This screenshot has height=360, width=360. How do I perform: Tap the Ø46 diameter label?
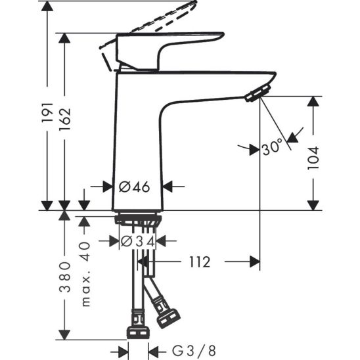pos(135,187)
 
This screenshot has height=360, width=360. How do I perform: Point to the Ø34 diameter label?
pos(138,242)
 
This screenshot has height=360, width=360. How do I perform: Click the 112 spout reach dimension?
pos(198,263)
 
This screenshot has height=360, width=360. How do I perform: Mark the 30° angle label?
pos(272,148)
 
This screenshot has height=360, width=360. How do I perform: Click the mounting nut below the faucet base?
pos(137,219)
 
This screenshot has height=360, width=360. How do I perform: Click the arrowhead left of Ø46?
pos(108,187)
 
